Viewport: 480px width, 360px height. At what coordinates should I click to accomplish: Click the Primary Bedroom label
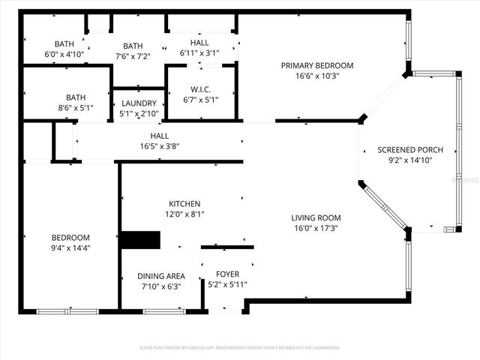[316, 65]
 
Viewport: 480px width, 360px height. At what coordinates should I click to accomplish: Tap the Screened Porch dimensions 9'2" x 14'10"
[405, 160]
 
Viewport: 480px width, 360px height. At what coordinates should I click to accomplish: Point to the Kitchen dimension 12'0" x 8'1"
[184, 214]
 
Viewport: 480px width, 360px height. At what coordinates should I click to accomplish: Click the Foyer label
[227, 274]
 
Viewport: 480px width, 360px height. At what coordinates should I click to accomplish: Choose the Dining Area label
[163, 276]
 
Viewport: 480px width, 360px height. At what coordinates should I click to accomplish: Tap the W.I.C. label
[201, 89]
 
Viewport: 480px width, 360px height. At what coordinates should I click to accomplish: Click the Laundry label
[139, 103]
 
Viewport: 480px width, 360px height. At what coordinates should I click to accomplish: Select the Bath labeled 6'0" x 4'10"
[64, 44]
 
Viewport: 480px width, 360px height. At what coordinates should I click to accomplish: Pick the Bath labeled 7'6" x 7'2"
[133, 46]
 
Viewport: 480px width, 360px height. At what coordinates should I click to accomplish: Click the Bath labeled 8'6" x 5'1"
[75, 97]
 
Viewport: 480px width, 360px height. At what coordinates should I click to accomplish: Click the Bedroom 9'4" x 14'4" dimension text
[70, 247]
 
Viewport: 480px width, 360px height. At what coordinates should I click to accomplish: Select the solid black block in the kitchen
[141, 240]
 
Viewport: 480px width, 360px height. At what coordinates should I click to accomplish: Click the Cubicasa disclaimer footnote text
[240, 348]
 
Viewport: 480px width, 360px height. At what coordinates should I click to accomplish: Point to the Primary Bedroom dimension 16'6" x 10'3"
[316, 75]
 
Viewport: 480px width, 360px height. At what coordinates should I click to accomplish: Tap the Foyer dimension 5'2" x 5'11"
[227, 284]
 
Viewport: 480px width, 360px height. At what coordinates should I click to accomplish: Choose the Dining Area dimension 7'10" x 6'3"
[163, 286]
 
